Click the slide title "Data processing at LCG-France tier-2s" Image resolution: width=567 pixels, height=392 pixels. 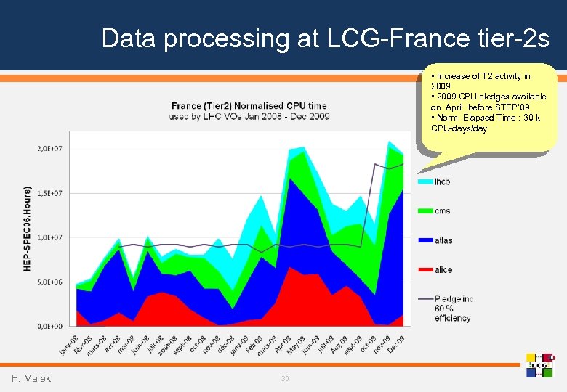[325, 38]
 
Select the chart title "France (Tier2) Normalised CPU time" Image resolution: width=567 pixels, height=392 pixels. [249, 105]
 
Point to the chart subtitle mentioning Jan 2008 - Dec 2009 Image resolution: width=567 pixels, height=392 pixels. [249, 116]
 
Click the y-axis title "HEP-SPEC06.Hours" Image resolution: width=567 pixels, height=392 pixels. [28, 227]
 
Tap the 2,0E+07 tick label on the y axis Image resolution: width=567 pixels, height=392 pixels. [49, 149]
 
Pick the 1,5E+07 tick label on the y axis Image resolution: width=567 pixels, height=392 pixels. [49, 193]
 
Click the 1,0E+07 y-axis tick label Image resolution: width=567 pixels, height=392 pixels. [49, 237]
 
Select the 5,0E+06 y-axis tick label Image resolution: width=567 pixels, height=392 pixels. [49, 282]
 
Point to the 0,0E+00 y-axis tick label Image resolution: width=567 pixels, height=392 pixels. [49, 326]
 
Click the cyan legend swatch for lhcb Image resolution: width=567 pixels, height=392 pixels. [425, 181]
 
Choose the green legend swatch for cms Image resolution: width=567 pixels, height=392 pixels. [425, 211]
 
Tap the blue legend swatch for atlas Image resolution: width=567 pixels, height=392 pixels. [425, 240]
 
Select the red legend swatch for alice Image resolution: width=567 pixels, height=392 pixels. [425, 270]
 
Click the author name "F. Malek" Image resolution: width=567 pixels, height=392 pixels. [31, 378]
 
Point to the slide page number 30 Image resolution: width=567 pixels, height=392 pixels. [285, 378]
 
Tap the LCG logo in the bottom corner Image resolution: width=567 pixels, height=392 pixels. [540, 364]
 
